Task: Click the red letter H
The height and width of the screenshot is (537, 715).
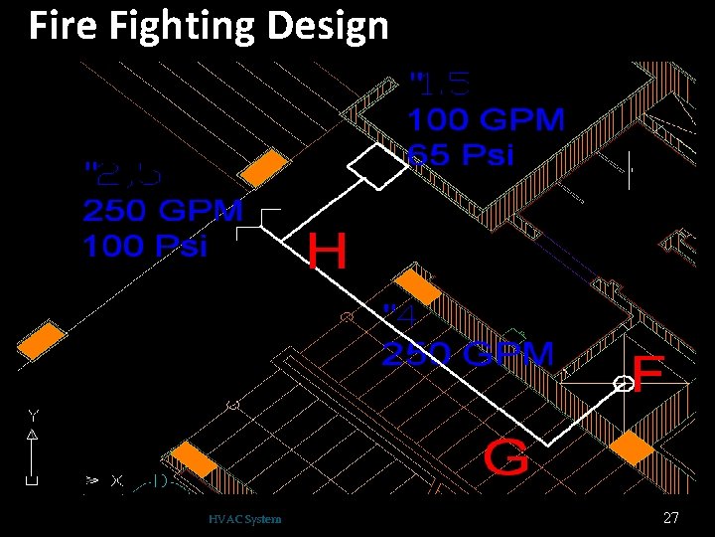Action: coord(328,252)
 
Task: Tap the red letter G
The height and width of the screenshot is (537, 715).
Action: coord(506,459)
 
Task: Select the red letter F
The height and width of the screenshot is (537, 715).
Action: coord(647,374)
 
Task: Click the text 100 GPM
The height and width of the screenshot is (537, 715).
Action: coord(486,121)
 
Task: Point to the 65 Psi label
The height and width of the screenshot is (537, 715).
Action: coord(461,155)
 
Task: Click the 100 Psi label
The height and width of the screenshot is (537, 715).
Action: coord(145,247)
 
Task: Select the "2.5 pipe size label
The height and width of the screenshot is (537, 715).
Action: coord(122,175)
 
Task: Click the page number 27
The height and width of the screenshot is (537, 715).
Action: coord(670,518)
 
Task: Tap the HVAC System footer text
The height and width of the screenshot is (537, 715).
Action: coord(245,519)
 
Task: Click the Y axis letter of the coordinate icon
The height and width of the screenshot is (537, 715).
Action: coord(33,415)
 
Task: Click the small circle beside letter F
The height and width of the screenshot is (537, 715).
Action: coord(623,384)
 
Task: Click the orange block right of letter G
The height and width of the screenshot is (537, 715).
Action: coord(632,447)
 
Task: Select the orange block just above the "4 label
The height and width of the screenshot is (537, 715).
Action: coord(418,286)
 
